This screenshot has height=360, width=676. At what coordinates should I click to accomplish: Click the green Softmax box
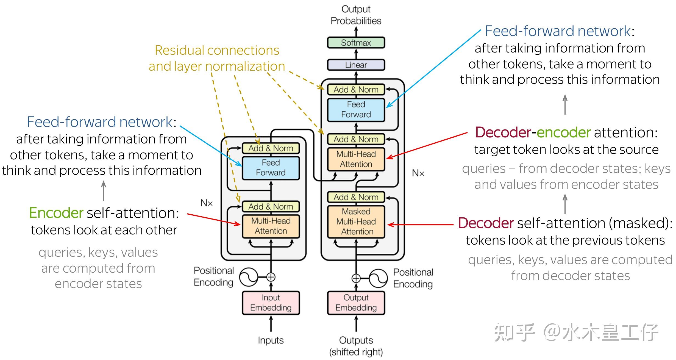coord(356,43)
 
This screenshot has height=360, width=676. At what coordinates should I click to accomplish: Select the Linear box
coord(356,65)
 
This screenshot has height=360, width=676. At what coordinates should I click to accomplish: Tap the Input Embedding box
coord(271,303)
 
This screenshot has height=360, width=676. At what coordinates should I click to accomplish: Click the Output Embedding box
coord(356,303)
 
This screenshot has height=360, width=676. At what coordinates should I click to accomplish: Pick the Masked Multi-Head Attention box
coord(356,221)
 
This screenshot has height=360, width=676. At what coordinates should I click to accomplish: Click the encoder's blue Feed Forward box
coord(271,167)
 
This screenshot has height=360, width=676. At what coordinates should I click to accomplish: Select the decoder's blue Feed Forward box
coord(356,109)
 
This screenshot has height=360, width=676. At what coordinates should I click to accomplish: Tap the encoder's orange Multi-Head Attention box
coord(271,226)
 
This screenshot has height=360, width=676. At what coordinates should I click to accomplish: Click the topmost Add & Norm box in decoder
coord(356,90)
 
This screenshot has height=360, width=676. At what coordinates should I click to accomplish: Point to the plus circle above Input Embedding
coord(271,277)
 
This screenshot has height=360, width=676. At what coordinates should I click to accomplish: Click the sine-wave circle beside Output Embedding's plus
coord(378,278)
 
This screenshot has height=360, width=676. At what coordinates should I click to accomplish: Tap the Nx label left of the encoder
coord(207,203)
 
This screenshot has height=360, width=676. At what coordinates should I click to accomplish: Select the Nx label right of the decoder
coord(418,173)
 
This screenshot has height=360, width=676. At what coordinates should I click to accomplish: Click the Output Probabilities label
coord(356,15)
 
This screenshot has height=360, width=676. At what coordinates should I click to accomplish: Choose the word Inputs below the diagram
coord(271,340)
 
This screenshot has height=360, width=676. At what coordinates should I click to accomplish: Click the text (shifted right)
coord(356,352)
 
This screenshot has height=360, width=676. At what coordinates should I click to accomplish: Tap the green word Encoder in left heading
coord(56,213)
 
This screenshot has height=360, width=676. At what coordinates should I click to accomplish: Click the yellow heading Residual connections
coord(217,51)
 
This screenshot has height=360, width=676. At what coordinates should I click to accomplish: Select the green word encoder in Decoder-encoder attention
coord(563,132)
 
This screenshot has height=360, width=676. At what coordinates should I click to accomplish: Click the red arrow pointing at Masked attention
coord(420,225)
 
